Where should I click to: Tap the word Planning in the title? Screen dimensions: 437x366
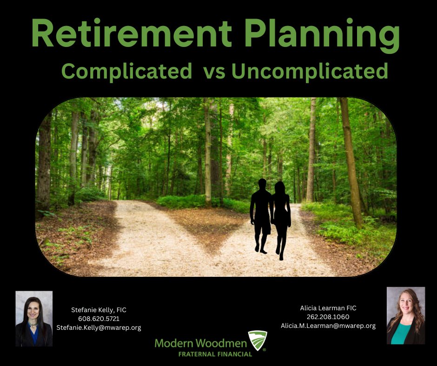pyautogui.click(x=323, y=35)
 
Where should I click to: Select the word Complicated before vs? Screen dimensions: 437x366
pyautogui.click(x=127, y=71)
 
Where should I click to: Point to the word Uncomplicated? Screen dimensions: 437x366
pyautogui.click(x=310, y=71)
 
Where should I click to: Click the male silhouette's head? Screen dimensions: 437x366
pyautogui.click(x=262, y=183)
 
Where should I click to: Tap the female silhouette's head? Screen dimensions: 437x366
pyautogui.click(x=279, y=187)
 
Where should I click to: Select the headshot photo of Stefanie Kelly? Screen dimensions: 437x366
pyautogui.click(x=34, y=319)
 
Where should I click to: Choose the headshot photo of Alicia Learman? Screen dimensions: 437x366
pyautogui.click(x=406, y=315)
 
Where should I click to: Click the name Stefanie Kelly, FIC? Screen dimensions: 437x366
pyautogui.click(x=99, y=310)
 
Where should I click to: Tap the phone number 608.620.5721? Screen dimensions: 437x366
pyautogui.click(x=99, y=319)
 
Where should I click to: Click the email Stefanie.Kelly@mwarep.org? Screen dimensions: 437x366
pyautogui.click(x=99, y=327)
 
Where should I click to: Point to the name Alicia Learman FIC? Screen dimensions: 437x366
pyautogui.click(x=328, y=308)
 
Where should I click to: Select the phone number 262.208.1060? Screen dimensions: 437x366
pyautogui.click(x=328, y=317)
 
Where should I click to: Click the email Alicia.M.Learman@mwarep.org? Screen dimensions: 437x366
pyautogui.click(x=328, y=326)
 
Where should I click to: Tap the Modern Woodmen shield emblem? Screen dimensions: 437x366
pyautogui.click(x=258, y=340)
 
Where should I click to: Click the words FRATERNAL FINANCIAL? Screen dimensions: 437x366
pyautogui.click(x=215, y=354)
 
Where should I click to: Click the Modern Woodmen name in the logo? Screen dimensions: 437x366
pyautogui.click(x=201, y=343)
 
